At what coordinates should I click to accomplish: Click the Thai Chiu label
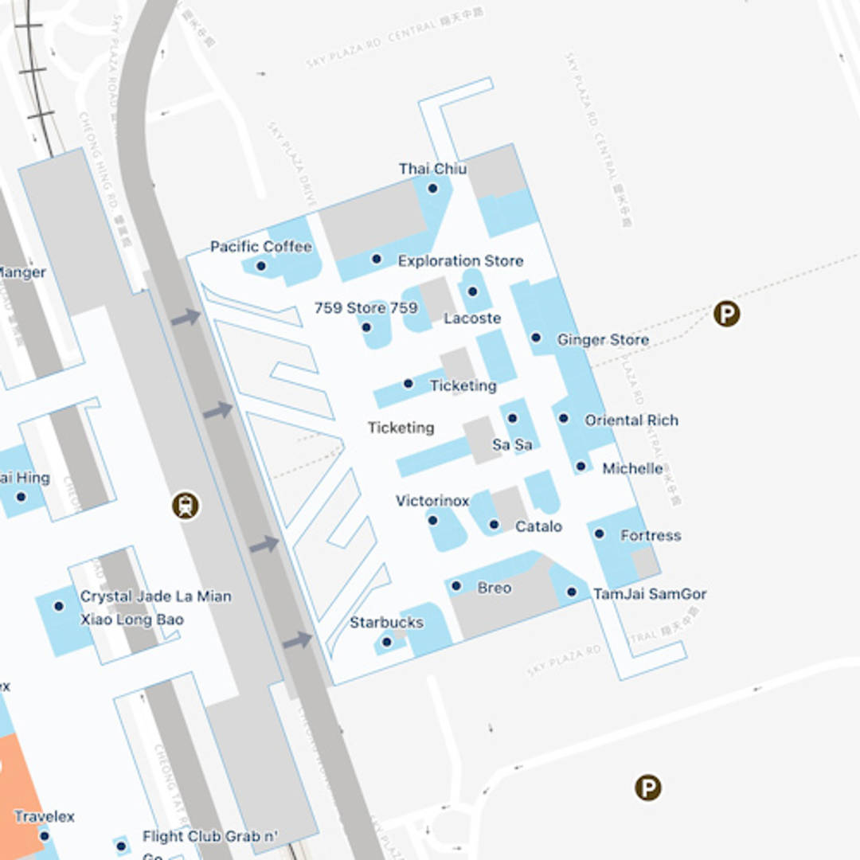coord(432,169)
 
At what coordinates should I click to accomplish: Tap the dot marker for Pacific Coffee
coord(260,265)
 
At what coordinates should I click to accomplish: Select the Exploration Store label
coord(460,260)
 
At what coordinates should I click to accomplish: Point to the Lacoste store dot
coord(472,291)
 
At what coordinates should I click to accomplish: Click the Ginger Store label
coord(602,339)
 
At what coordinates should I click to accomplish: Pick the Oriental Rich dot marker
coord(563,418)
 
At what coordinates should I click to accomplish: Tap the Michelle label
coord(632,468)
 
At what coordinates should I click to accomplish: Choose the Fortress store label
coord(651,535)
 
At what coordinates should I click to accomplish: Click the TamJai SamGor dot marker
coord(571,592)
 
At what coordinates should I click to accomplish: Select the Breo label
coord(494,588)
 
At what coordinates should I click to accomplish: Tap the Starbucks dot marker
coord(387,642)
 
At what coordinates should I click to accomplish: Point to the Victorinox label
coord(432,501)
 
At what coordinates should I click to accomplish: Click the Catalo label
coord(538,526)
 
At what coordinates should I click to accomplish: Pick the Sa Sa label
coord(512,444)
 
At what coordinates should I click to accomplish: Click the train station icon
coord(186,505)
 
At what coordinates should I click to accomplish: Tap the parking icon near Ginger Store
coord(726,314)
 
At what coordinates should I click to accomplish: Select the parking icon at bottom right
coord(648,788)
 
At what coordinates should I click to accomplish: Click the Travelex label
coord(45,816)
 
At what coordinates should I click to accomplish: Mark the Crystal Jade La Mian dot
coord(58,606)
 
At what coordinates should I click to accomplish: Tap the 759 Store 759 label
coord(365,307)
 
